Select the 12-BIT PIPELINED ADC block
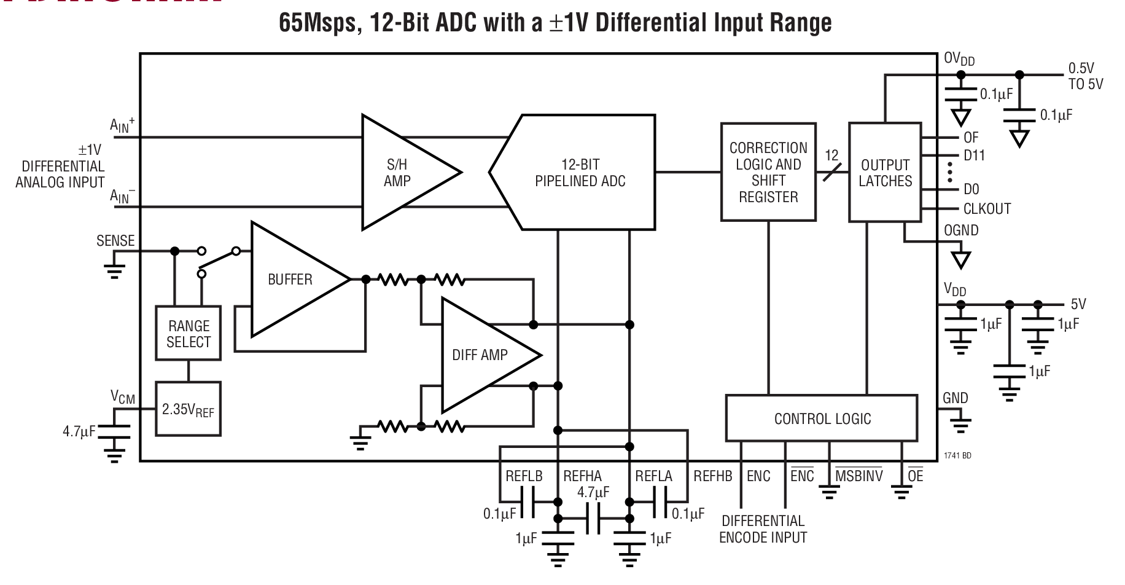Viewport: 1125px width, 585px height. click(580, 173)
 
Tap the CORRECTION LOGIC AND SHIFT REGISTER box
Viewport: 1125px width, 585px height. click(768, 173)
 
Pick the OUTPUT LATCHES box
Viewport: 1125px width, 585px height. click(885, 173)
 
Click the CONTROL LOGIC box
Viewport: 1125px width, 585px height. click(822, 419)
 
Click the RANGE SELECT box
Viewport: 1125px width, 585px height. click(189, 334)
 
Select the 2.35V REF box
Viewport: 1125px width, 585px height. click(188, 409)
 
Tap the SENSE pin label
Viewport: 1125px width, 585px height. click(115, 241)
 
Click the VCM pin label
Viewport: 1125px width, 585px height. click(123, 398)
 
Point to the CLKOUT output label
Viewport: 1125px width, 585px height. click(986, 209)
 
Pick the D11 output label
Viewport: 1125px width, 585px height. click(974, 155)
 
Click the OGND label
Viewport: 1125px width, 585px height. click(961, 230)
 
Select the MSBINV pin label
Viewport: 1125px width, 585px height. click(858, 476)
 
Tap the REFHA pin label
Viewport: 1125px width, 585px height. click(582, 476)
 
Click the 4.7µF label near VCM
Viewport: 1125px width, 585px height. click(79, 431)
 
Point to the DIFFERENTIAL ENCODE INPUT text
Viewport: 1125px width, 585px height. click(763, 529)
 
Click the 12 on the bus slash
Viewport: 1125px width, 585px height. click(831, 155)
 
